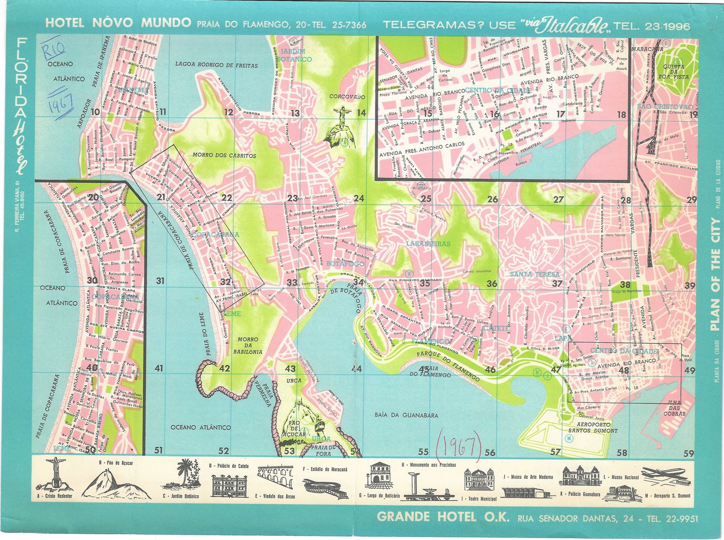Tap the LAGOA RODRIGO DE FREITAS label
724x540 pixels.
(216, 65)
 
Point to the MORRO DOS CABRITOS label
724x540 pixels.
(224, 156)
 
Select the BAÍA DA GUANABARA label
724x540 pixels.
(406, 415)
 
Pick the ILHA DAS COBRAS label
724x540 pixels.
(674, 408)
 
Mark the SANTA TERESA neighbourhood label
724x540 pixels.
(535, 274)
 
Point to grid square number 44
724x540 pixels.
(356, 369)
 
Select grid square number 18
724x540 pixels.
(621, 115)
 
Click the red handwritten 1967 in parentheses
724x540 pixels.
(459, 446)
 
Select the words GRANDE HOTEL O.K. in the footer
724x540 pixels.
(443, 517)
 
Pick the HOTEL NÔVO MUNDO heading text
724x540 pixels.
(118, 23)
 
